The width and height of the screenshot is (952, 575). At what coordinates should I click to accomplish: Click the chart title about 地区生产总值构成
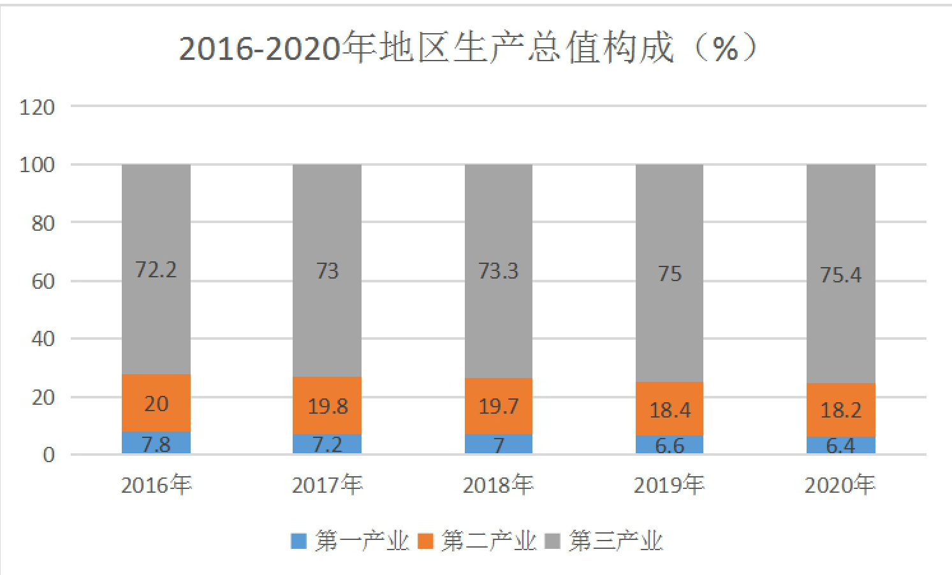coord(468,48)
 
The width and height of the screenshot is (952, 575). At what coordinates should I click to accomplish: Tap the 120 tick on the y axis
coord(37,108)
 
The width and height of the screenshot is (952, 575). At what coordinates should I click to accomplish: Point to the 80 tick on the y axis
coord(43,223)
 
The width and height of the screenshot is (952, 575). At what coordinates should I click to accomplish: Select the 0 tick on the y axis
coord(49,455)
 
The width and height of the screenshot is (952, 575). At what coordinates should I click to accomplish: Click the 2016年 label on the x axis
coord(156,484)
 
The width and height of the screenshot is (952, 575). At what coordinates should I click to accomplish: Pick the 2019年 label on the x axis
coord(669,484)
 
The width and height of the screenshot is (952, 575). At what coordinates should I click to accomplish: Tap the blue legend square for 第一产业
coord(298,541)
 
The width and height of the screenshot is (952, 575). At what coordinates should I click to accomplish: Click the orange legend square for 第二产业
coord(425,541)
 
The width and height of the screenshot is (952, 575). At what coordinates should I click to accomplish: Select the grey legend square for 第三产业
coord(552,541)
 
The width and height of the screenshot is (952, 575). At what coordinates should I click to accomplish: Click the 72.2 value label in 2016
coord(156,270)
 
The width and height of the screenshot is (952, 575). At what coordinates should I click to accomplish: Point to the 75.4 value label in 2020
coord(840,275)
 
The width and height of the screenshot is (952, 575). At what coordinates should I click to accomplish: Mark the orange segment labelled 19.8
coord(327,405)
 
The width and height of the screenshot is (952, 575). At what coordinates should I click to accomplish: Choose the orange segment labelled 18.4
coord(670,409)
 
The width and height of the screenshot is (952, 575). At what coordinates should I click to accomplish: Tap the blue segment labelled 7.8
coord(156,442)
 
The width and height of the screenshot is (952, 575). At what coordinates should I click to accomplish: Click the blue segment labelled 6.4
coord(841,445)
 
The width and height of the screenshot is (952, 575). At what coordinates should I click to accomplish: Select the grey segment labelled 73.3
coord(499,271)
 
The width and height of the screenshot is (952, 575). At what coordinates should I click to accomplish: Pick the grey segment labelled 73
coord(327,270)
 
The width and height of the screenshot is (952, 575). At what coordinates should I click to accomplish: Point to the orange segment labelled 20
coord(156,403)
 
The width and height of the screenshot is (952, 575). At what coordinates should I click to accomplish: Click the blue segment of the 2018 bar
coord(499,444)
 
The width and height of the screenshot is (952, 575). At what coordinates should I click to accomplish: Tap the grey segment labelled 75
coord(670,273)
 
